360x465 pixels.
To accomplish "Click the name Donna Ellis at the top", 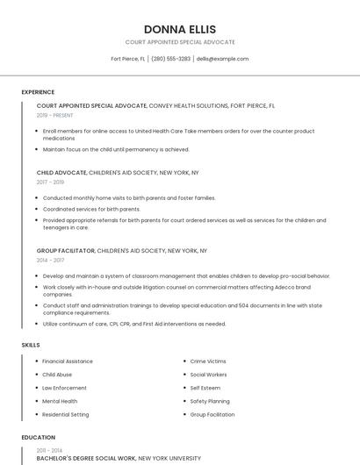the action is (180, 29).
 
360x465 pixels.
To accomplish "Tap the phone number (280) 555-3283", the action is (170, 59).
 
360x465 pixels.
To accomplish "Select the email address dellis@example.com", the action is (223, 59).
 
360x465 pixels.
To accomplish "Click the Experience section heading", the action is (38, 92).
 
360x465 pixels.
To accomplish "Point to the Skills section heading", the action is (31, 345).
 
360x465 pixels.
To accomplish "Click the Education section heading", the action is (38, 437).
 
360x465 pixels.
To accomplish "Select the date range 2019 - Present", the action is (55, 115).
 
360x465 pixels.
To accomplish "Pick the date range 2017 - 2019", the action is (51, 182).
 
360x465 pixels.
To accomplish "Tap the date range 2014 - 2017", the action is (51, 261).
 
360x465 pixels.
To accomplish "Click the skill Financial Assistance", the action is (68, 361).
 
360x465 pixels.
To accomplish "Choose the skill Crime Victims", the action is (208, 361).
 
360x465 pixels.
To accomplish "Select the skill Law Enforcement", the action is (64, 388).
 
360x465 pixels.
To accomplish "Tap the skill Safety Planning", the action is (210, 401).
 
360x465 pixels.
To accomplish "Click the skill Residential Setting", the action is (66, 414).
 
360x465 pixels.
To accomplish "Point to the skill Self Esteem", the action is (205, 388).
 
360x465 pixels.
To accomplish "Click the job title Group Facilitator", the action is (66, 251).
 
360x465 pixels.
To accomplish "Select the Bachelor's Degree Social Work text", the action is (86, 458).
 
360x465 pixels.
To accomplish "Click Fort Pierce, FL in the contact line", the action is (128, 59).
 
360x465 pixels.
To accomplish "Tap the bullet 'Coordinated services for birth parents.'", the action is (91, 209).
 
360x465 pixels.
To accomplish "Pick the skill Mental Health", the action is (60, 401).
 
